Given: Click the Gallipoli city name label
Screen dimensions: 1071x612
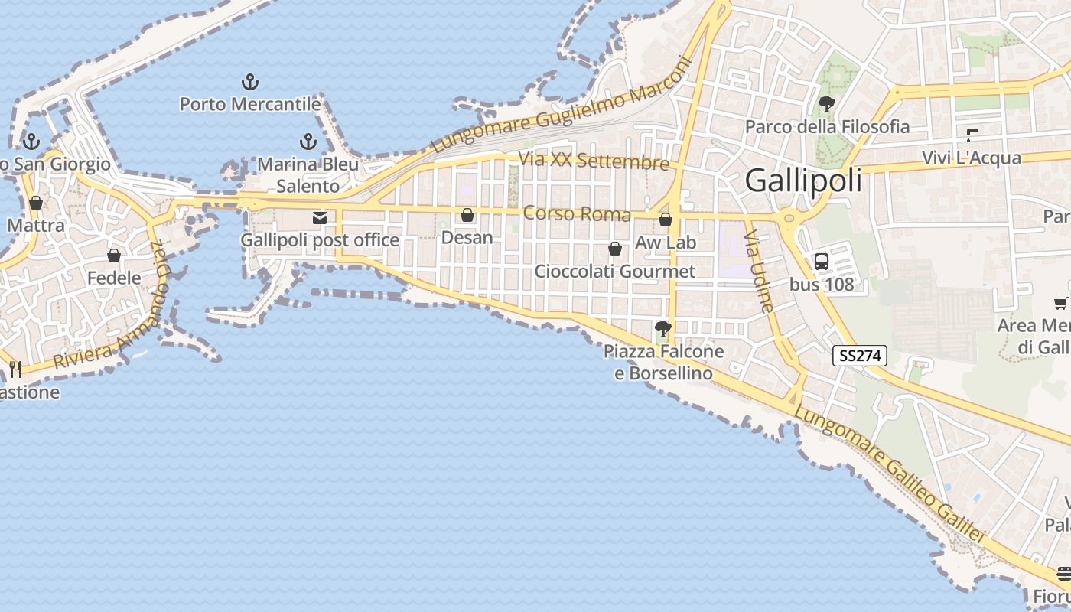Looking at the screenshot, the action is (x=803, y=181).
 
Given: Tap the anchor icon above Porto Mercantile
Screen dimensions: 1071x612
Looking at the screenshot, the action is (x=250, y=82).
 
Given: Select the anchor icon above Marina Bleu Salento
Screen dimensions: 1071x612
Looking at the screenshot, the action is (x=308, y=142).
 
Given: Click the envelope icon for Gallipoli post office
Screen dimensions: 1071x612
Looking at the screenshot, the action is (x=320, y=218).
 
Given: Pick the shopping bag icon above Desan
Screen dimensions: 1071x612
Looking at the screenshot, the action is (x=467, y=216).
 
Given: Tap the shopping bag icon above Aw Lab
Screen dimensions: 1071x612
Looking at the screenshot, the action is (x=666, y=220).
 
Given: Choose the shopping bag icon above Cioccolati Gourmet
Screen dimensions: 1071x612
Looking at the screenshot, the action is (x=614, y=249).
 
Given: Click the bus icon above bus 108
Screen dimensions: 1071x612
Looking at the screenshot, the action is (x=822, y=262).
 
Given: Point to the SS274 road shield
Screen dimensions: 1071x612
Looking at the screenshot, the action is (x=860, y=356).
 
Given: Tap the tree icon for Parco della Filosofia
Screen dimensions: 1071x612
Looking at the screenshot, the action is (x=827, y=104).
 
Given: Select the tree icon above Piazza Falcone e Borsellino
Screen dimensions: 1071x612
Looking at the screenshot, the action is (x=663, y=330).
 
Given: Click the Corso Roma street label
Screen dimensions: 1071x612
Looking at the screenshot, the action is (x=577, y=213).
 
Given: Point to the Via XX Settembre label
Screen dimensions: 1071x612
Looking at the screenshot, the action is (x=594, y=161).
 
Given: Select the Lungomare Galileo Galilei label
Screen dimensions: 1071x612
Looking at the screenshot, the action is (x=890, y=474).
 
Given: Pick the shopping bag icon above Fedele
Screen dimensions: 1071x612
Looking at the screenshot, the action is (x=114, y=256).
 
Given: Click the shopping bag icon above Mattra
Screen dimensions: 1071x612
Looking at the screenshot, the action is (x=36, y=203).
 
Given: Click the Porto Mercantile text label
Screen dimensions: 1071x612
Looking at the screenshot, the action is (x=250, y=104).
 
